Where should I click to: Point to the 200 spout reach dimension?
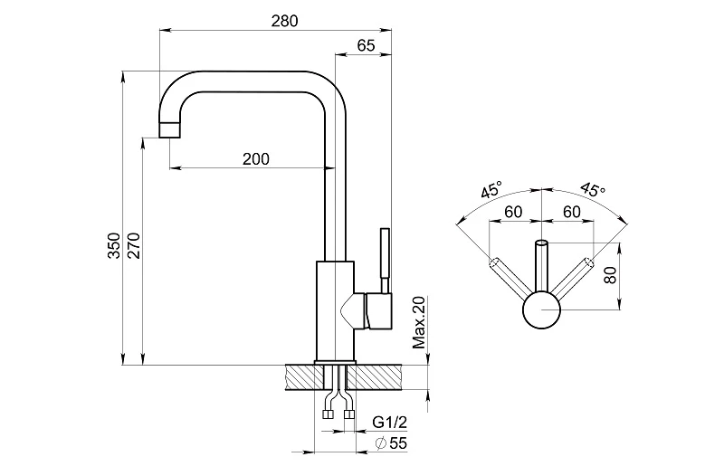pyautogui.click(x=256, y=158)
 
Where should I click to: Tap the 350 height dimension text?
pyautogui.click(x=114, y=246)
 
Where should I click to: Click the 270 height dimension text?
pyautogui.click(x=134, y=246)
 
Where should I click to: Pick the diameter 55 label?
pyautogui.click(x=392, y=443)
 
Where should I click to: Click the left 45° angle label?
pyautogui.click(x=491, y=191)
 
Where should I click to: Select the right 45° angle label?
pyautogui.click(x=592, y=190)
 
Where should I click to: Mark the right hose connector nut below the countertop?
pyautogui.click(x=348, y=416)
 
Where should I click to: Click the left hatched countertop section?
pyautogui.click(x=299, y=376)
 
